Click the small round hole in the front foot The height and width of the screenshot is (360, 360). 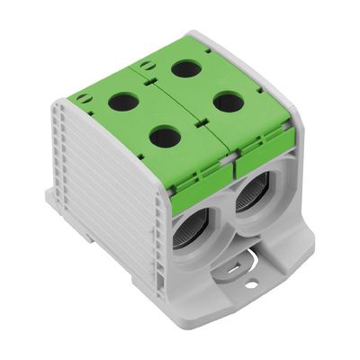[252, 284]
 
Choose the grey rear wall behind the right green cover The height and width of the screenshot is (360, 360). [270, 72]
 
